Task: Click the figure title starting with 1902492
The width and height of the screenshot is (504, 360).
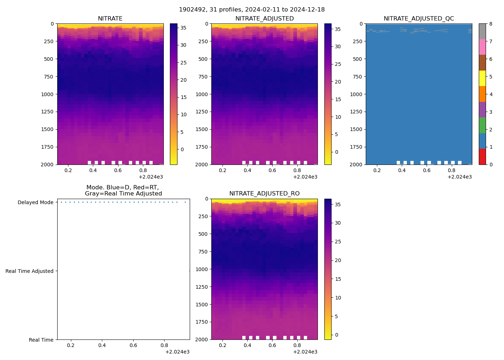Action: click(x=252, y=10)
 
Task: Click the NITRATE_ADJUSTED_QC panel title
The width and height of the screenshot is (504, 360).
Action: click(x=419, y=19)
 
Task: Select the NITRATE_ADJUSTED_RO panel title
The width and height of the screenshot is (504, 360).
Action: click(x=264, y=194)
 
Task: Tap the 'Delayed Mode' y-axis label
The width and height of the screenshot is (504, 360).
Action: click(x=35, y=202)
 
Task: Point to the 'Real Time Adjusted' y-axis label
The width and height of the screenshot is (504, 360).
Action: click(x=29, y=271)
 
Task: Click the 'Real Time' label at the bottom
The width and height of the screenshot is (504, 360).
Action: click(x=41, y=340)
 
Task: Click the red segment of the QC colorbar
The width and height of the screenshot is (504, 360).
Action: click(x=482, y=157)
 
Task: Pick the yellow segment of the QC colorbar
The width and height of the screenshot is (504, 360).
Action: click(x=482, y=78)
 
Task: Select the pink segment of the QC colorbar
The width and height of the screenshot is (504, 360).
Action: click(x=482, y=47)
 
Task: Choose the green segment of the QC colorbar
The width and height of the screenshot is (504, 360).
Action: click(x=482, y=125)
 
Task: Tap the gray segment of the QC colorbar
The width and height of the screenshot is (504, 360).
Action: click(x=482, y=31)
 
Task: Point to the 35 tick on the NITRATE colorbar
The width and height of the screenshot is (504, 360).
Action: click(x=183, y=27)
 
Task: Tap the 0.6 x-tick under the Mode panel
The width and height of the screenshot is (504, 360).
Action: click(x=133, y=346)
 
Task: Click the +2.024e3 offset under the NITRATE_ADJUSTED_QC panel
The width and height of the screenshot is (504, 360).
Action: click(x=459, y=177)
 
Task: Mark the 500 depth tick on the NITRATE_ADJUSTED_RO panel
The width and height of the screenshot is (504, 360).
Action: click(x=203, y=234)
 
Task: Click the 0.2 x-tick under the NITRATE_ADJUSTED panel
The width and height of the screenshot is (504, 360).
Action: click(x=222, y=170)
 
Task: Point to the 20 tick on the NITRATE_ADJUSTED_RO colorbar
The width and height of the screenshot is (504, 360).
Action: click(x=338, y=260)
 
